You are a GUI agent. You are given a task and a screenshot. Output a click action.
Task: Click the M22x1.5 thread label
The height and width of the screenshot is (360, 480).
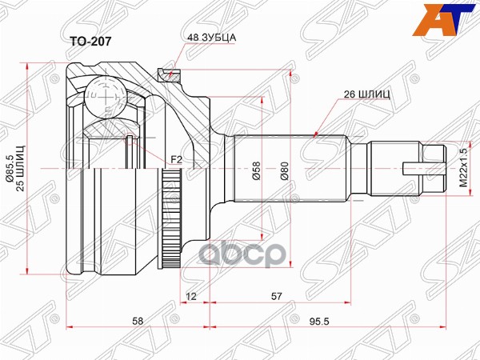tap(462, 167)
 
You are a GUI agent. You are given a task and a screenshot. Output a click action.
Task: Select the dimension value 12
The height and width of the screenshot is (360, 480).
tap(190, 297)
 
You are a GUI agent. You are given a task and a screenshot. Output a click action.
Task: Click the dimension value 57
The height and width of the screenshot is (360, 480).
tap(276, 297)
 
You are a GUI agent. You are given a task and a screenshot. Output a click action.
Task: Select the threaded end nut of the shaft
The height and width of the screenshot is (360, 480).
tap(432, 168)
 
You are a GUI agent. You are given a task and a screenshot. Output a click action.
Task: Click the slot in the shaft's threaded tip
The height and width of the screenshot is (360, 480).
tap(414, 168)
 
